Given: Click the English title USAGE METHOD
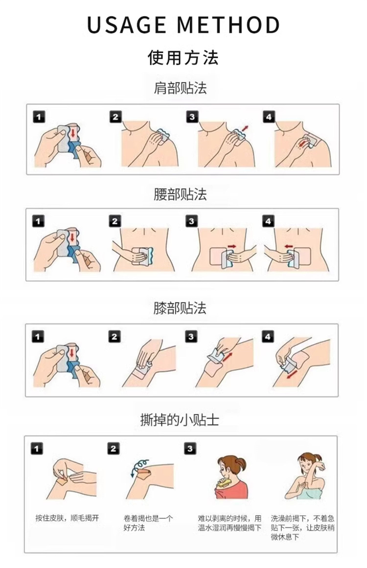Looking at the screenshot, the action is pyautogui.click(x=183, y=24).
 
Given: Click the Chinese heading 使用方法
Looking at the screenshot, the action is pyautogui.click(x=183, y=57).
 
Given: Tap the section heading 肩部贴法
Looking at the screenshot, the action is pyautogui.click(x=180, y=88).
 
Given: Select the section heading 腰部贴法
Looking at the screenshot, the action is pyautogui.click(x=180, y=195).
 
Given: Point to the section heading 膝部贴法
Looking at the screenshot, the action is pyautogui.click(x=180, y=308).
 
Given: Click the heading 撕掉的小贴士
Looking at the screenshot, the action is pyautogui.click(x=180, y=420).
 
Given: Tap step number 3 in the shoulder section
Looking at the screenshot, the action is pyautogui.click(x=192, y=116).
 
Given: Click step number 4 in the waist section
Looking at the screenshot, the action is pyautogui.click(x=268, y=221).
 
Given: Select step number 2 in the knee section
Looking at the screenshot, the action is pyautogui.click(x=114, y=337).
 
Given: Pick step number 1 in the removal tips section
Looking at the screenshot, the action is pyautogui.click(x=36, y=449).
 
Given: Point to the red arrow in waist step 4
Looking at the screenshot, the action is pyautogui.click(x=288, y=246).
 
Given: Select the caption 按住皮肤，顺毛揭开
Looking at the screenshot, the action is pyautogui.click(x=67, y=518).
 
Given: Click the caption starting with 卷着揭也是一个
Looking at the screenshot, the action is pyautogui.click(x=148, y=523).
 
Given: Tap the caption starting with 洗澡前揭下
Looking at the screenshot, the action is pyautogui.click(x=302, y=527).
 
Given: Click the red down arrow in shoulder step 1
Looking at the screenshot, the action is pyautogui.click(x=73, y=133).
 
